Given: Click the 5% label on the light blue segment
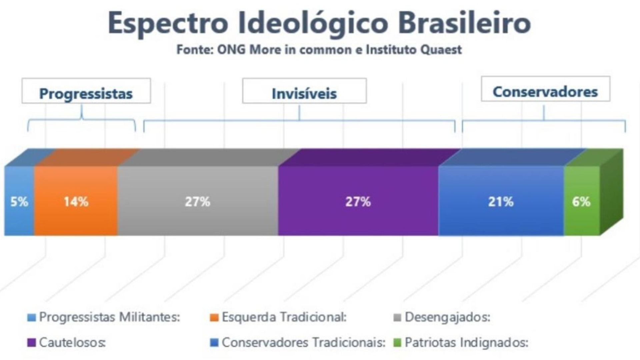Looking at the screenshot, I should coord(19,202).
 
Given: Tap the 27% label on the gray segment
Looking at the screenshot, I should coord(198,202).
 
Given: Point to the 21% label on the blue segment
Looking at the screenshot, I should coord(501,202).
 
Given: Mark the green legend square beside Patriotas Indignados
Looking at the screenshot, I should coord(397,343).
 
